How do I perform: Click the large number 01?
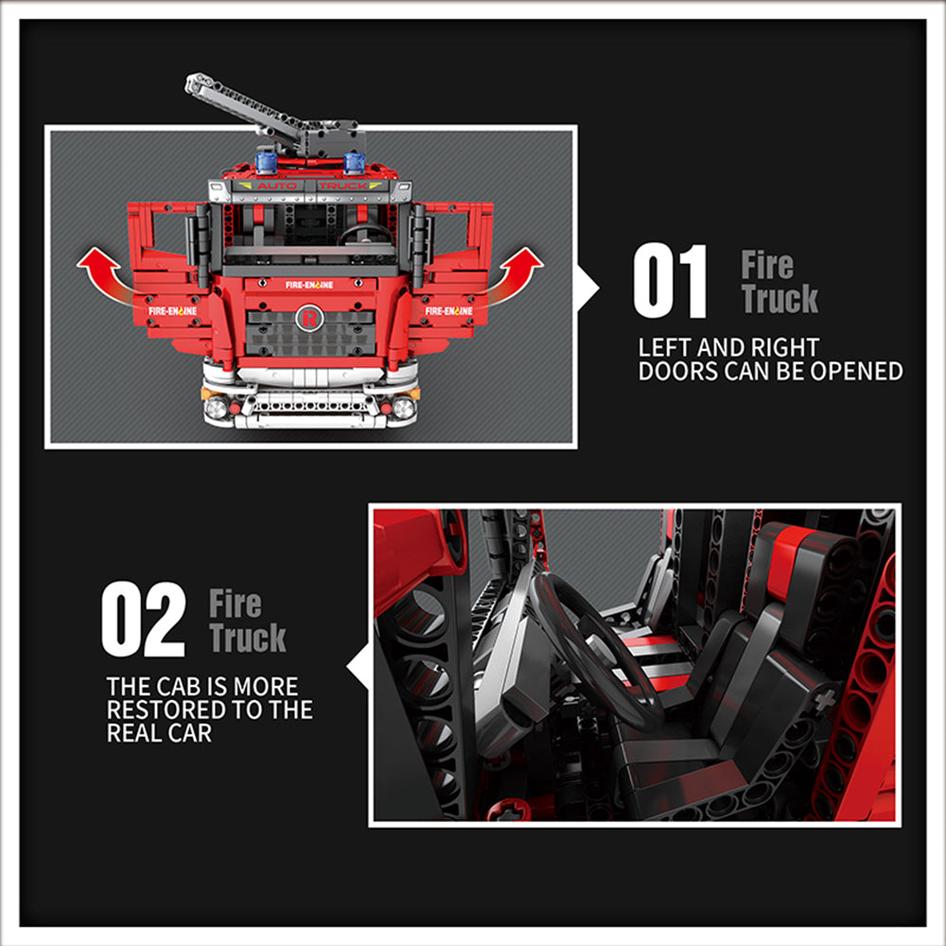pos(670,281)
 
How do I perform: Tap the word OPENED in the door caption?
pos(856,372)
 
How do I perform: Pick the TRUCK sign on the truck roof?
pos(343,186)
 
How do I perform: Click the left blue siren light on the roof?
pos(266,161)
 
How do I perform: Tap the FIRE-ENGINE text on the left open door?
pos(172,310)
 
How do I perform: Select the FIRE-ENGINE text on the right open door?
pos(448,310)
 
